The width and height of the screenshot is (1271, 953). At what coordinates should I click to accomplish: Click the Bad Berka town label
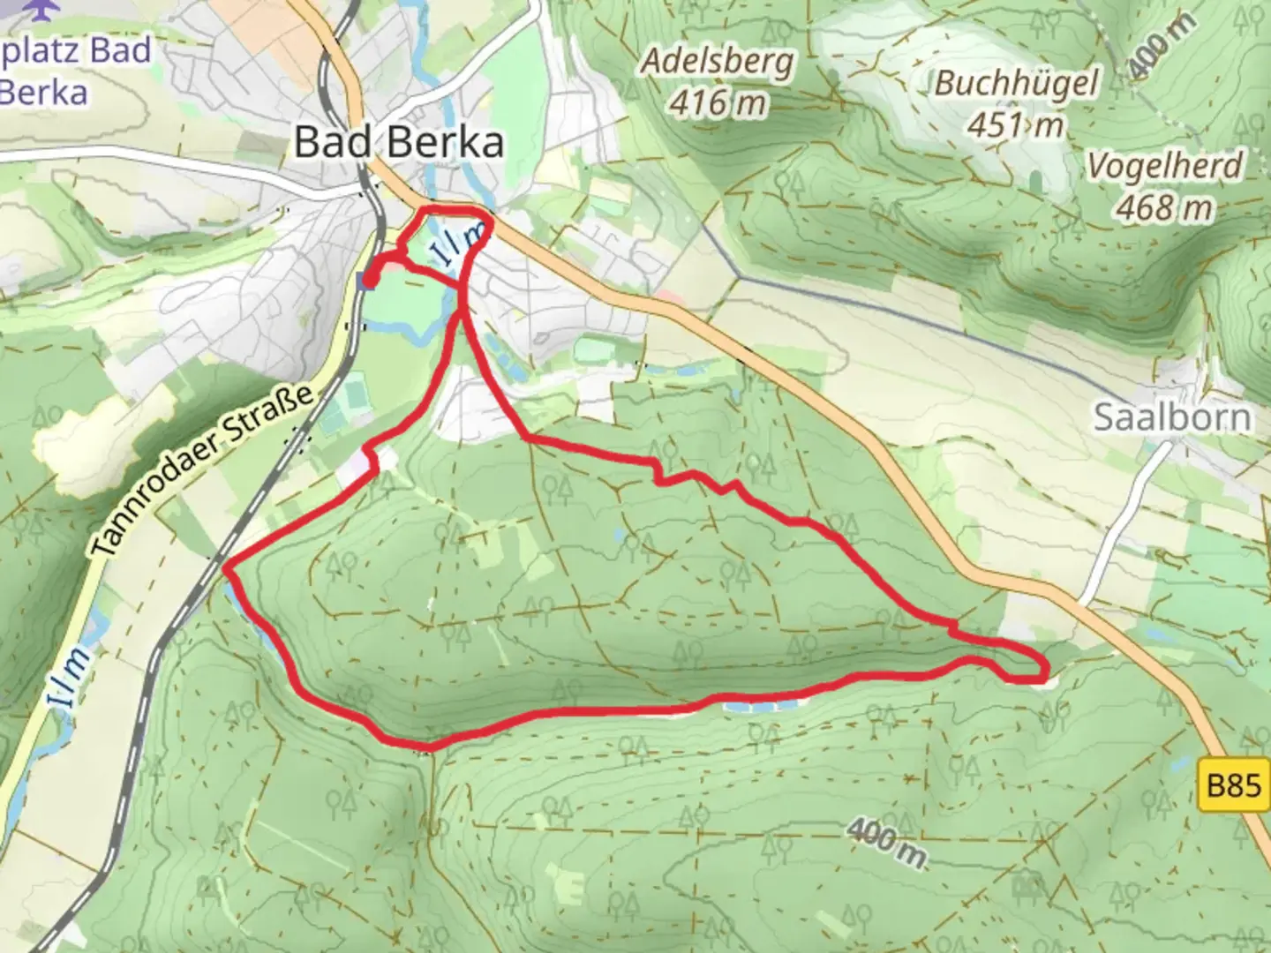click(x=399, y=142)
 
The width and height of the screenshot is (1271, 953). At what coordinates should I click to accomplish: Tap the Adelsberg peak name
click(x=717, y=63)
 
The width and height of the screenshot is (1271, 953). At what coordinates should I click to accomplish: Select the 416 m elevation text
click(x=717, y=103)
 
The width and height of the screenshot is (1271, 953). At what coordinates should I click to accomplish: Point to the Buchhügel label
click(x=1016, y=84)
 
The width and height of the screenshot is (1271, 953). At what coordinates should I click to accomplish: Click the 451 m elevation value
click(x=1015, y=125)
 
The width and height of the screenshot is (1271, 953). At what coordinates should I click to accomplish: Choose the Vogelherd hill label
click(x=1164, y=166)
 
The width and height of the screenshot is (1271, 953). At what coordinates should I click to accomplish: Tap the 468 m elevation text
click(x=1164, y=208)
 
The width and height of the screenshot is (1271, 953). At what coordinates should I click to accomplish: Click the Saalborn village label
click(x=1173, y=417)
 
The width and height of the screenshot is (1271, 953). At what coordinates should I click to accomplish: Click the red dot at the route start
click(x=370, y=281)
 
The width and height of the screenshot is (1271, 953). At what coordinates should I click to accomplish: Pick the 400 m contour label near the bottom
click(x=886, y=841)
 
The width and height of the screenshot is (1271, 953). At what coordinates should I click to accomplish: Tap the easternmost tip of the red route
click(x=1047, y=668)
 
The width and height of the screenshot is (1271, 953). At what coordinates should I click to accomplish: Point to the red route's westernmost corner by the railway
click(x=227, y=567)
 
